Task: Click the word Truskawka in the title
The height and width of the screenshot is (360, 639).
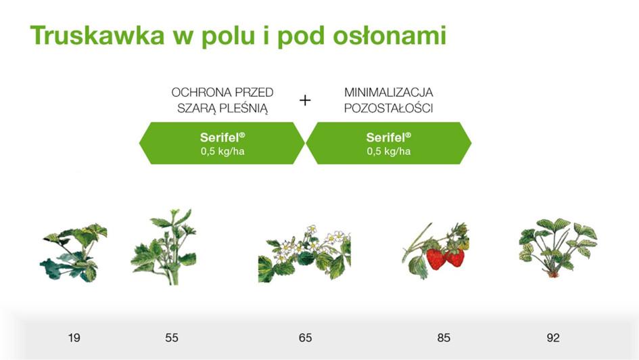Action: point(97,35)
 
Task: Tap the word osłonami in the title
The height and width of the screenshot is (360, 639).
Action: point(389,35)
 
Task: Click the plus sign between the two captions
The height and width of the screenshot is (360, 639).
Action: point(305,100)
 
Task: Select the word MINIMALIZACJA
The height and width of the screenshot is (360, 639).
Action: point(388,93)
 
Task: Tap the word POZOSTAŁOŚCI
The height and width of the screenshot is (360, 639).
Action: point(388,108)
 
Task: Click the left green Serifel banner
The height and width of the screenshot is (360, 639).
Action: point(222,143)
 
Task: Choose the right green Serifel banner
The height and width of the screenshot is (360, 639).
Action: point(388,143)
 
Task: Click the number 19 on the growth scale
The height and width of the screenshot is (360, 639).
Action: point(74,338)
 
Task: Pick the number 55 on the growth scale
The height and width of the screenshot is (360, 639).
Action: point(172,338)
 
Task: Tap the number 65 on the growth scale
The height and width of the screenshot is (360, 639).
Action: point(305,338)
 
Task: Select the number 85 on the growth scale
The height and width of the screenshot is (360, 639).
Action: point(444,338)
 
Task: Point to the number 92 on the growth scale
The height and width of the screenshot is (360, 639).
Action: point(553,338)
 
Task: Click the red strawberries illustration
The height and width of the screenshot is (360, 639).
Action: point(436,251)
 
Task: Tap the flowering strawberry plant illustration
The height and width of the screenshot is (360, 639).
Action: point(304,254)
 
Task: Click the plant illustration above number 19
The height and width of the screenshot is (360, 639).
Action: point(74,253)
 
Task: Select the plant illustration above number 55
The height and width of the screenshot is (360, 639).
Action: point(164,247)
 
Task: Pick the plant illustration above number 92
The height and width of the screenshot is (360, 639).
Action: point(558,248)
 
